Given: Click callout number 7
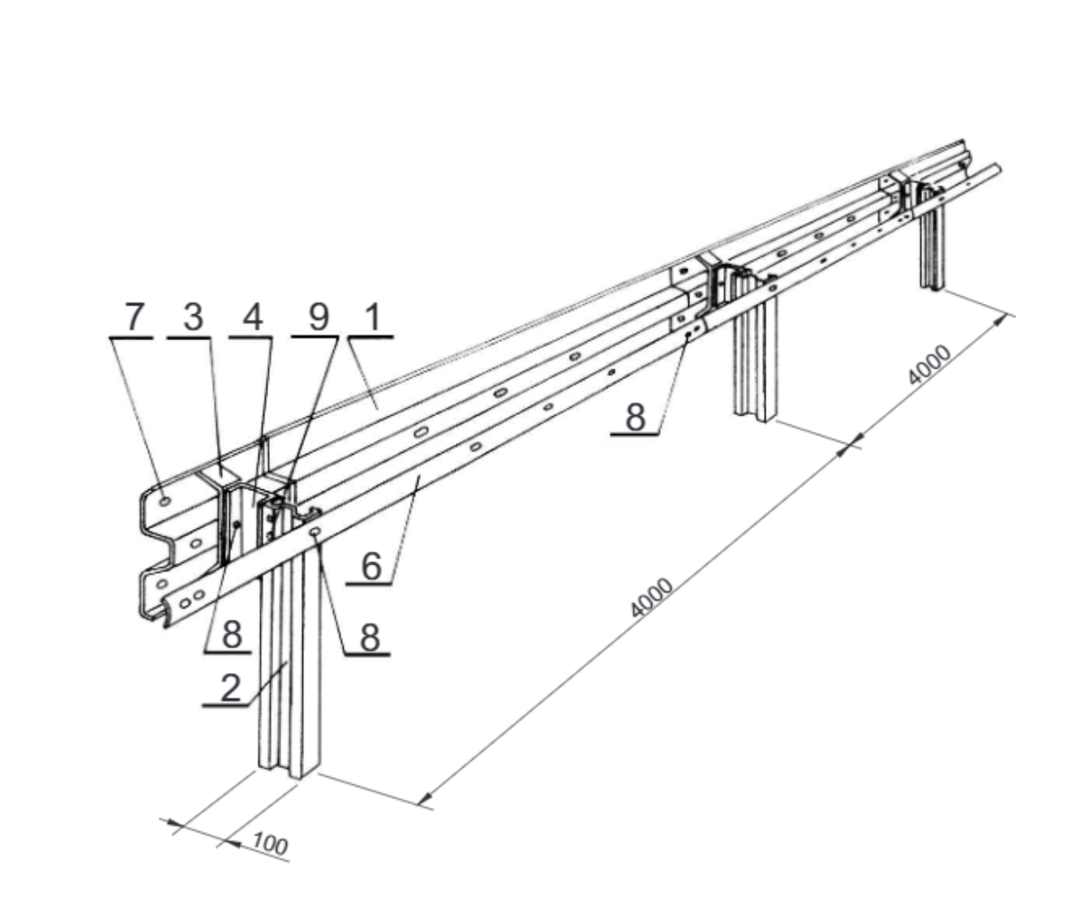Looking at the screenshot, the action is click(135, 318).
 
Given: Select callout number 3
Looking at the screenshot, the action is click(194, 318).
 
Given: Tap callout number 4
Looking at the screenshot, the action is click(253, 318).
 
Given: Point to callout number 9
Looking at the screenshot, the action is click(318, 318).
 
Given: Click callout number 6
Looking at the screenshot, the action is click(371, 567).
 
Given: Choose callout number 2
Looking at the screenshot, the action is click(231, 688).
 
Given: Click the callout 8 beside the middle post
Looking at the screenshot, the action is click(635, 416).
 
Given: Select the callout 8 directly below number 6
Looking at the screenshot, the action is click(370, 638).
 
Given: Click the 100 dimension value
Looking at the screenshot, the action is click(270, 845).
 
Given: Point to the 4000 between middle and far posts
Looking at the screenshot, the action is click(928, 365).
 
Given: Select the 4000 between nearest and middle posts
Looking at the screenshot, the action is click(651, 598).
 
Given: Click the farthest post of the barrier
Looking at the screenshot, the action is click(933, 244).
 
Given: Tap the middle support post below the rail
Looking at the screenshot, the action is click(755, 360).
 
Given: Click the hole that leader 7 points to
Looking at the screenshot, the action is click(164, 501).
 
